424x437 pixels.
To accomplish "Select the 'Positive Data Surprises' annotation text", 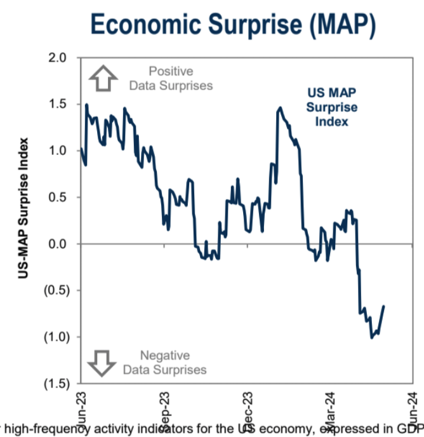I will (x=171, y=78).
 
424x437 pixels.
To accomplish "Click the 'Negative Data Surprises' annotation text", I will (x=164, y=363).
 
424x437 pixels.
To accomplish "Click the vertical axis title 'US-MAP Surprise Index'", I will (x=24, y=208).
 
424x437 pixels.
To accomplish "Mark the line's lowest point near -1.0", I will (x=371, y=337).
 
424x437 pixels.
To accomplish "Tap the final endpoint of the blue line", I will (x=384, y=306).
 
